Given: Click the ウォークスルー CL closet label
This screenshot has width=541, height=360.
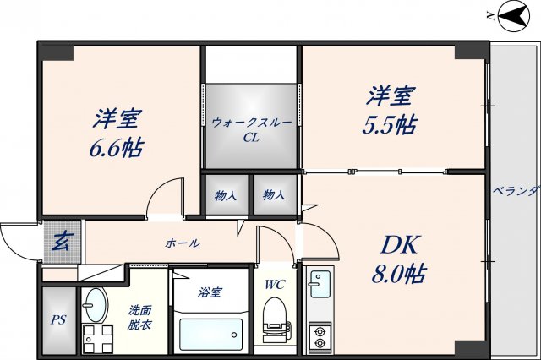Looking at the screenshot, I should (x=252, y=129).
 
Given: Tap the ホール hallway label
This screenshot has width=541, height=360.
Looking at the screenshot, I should (x=183, y=243).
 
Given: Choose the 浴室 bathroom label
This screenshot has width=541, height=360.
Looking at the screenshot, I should (x=210, y=292).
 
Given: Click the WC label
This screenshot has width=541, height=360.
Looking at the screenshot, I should (x=276, y=284).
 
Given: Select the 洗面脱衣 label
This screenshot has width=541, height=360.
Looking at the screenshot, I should (x=140, y=317).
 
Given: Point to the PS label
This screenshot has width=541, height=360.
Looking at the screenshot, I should (x=57, y=320).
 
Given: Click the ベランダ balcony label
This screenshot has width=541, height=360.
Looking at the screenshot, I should (x=516, y=190).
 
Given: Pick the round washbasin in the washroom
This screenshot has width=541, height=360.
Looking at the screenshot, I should (x=96, y=301).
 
